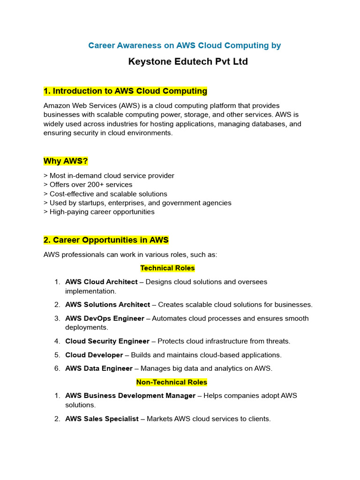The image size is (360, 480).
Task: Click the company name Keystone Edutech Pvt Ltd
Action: point(188,62)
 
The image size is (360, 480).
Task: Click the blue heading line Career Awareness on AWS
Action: point(185,45)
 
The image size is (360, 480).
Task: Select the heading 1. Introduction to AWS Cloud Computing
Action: point(125,91)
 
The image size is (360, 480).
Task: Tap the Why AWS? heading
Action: point(66,161)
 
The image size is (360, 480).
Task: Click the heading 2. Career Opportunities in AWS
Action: point(106,240)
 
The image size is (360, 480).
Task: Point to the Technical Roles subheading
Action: point(167,268)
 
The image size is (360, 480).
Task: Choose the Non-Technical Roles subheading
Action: point(172,382)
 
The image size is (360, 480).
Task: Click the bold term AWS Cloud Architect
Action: point(101,282)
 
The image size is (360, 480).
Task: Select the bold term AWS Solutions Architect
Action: point(107,305)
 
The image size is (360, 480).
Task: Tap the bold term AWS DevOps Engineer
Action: point(105,318)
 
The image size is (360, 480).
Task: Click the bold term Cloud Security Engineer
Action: point(107,341)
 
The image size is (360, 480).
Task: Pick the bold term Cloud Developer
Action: point(94,355)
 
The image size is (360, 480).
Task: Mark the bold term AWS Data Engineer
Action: point(98,368)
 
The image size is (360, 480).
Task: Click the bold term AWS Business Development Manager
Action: point(130,396)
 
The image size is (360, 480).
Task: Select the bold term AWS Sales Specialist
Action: point(102,419)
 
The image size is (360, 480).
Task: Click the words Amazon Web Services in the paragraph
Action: point(79,106)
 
